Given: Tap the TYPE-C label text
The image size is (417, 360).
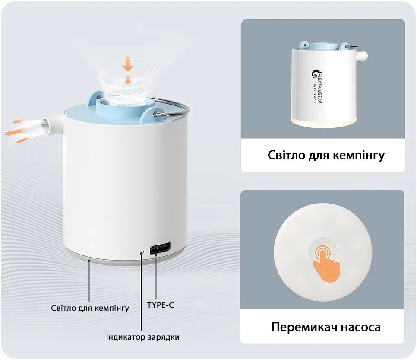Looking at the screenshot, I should click(x=160, y=305).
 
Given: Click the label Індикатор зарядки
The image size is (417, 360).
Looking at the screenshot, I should click(x=142, y=337).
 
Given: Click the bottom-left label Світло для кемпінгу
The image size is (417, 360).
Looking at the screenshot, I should click(x=90, y=308).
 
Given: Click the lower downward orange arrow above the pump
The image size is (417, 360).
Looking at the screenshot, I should click(x=127, y=80).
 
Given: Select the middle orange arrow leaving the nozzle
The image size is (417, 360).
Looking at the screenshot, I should click(x=15, y=131).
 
